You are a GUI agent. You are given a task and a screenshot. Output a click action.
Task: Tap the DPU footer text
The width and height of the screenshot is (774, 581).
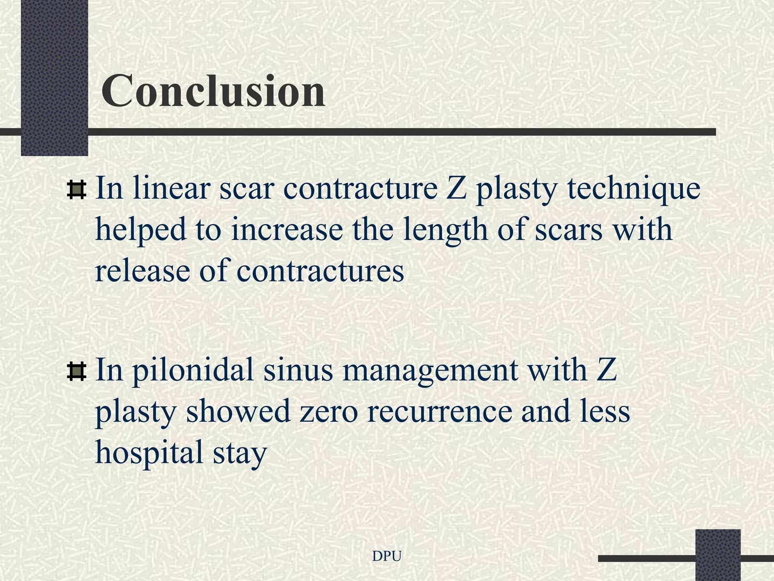pos(387,556)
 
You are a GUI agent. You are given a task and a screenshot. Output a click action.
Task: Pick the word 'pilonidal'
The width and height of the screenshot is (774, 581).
pos(193,371)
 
